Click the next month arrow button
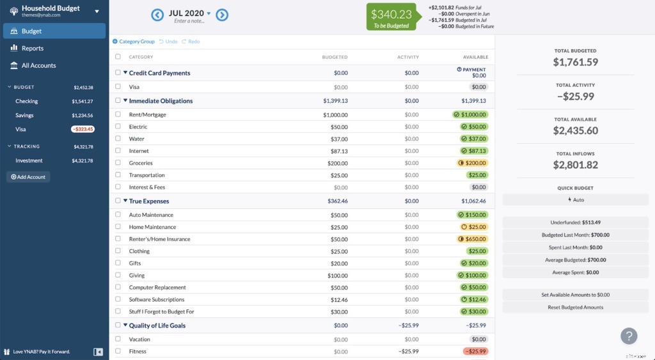coord(222,15)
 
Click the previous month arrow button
coord(157,15)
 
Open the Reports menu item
coord(32,49)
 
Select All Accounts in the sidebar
coord(38,66)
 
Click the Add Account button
coord(28,177)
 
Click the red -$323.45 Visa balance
coord(83,129)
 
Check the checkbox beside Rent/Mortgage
coord(118,114)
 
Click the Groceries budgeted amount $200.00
coord(335,163)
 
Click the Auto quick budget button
coord(575,200)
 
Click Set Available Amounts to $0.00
coord(575,295)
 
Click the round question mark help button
coord(629,336)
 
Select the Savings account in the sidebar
coord(24,116)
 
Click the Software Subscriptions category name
coord(156,300)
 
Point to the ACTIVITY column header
coord(407,57)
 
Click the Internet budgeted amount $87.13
coord(336,151)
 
